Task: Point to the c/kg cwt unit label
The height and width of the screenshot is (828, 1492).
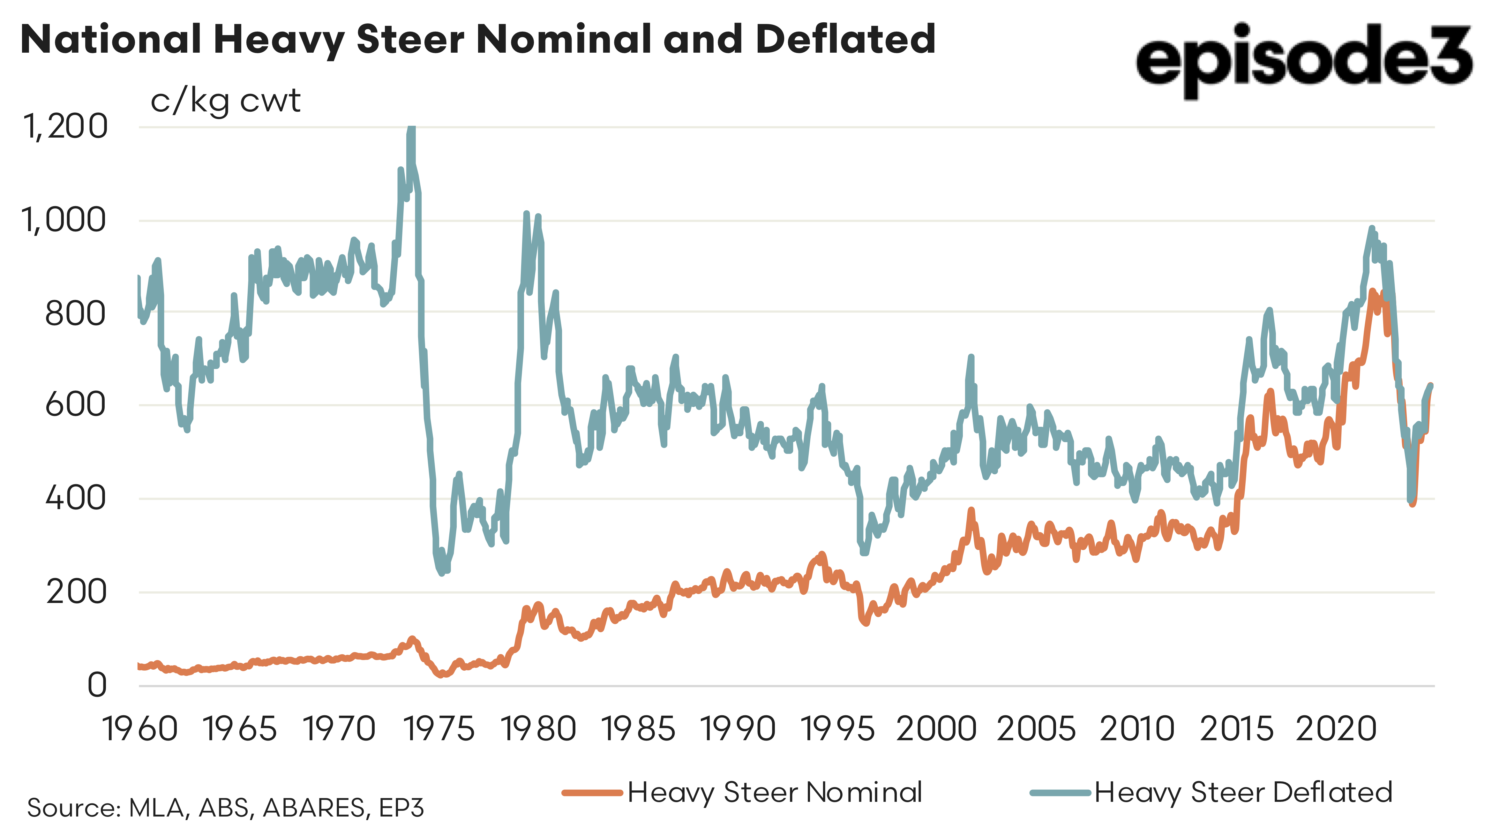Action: tap(225, 102)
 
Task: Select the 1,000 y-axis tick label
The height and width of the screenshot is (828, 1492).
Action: tap(64, 220)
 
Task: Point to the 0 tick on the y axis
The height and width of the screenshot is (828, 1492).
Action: tap(97, 685)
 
